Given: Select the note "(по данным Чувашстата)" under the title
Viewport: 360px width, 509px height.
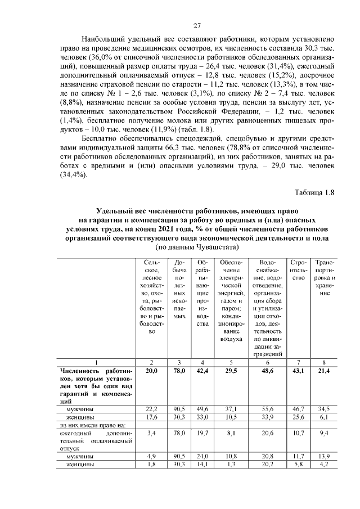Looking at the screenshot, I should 197,247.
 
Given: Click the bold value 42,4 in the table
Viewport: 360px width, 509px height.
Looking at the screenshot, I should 202,371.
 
